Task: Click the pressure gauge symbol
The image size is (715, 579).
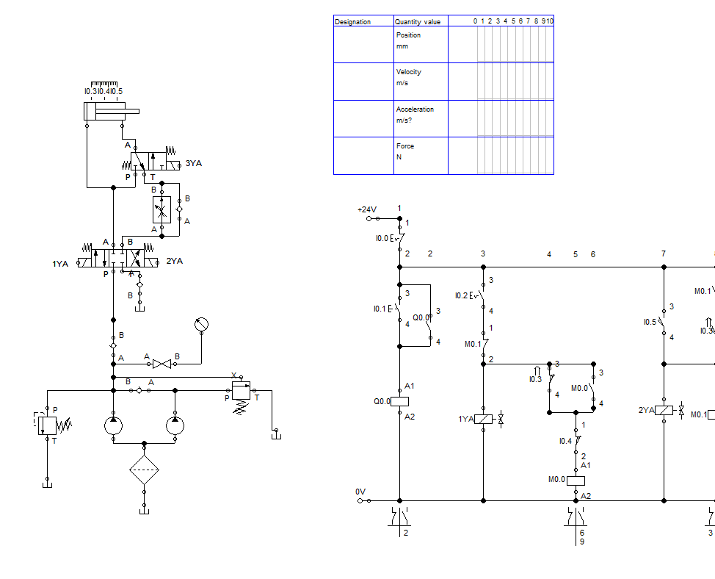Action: coord(202,324)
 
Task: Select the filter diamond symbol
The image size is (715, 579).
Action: coord(145,469)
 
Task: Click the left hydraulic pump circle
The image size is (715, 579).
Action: coord(114,425)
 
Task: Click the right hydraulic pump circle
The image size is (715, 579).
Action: coord(175,425)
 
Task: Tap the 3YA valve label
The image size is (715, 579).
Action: coord(193,163)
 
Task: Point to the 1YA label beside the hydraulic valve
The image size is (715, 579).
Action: coord(60,264)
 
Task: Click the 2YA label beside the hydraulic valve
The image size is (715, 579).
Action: coord(175,261)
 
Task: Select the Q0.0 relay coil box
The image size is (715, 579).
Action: coord(399,402)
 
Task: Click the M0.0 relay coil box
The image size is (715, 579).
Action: coord(576,480)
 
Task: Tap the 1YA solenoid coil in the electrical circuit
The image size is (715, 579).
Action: coord(484,419)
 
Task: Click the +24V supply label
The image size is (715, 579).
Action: coord(366,209)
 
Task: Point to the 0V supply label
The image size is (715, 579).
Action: coord(360,491)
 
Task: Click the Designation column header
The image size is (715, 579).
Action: coord(353,22)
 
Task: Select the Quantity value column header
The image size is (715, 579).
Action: coord(418,22)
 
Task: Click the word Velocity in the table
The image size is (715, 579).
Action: coord(409,72)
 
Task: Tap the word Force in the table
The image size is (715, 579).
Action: coord(405,146)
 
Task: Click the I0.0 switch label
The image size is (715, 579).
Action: coord(381,239)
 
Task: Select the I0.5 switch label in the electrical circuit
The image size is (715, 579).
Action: coord(649,322)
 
